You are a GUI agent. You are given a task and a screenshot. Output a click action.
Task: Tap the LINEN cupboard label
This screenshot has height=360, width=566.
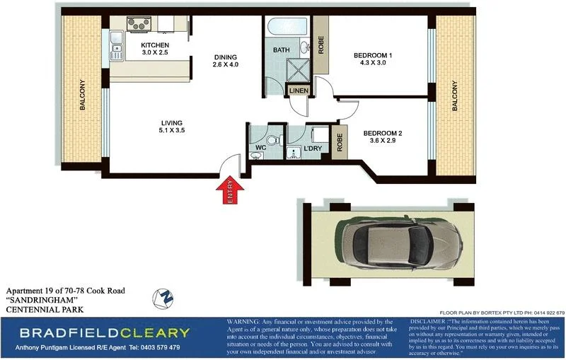(x=297, y=91)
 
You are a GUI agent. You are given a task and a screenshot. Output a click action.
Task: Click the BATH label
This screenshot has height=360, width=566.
(x=282, y=50)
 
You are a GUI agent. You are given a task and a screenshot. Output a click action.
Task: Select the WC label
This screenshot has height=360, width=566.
(x=260, y=148)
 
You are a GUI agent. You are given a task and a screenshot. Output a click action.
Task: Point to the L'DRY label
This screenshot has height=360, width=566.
(x=313, y=149)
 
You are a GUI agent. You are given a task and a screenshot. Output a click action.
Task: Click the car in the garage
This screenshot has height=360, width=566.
(x=388, y=243)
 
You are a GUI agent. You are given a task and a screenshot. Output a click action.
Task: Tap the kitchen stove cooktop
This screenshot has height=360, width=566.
(x=138, y=23)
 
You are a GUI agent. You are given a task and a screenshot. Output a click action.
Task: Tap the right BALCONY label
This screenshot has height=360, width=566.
(x=454, y=95)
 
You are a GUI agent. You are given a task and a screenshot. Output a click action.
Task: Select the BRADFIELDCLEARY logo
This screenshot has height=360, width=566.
(x=104, y=332)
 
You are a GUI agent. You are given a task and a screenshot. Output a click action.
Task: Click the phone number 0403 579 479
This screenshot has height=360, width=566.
(x=154, y=347)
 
